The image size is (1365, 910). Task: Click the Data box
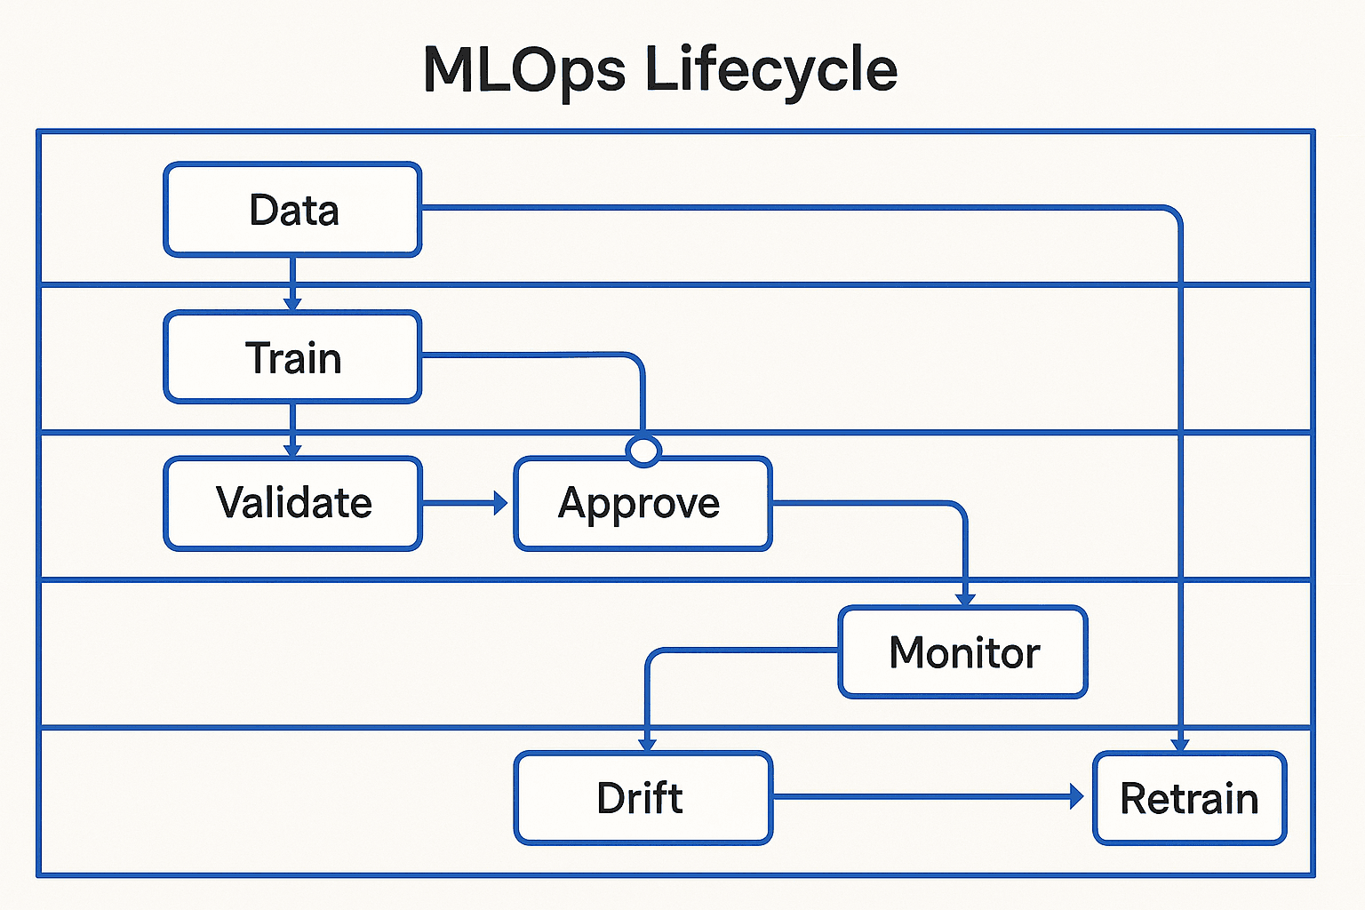292,210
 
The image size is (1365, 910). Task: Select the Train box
292,357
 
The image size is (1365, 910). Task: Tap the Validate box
292,503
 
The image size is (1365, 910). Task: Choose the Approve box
643,504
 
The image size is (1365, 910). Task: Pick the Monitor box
962,652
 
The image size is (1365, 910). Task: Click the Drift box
643,798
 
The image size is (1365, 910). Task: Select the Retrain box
1189,798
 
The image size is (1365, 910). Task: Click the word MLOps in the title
523,69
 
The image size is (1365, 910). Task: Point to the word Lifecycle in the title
770,69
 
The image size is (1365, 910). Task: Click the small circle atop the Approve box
643,451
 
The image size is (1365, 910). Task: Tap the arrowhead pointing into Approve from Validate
501,504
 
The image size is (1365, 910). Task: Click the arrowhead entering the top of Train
292,304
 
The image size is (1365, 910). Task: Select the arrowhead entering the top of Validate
292,451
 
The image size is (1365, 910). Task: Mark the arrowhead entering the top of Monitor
965,600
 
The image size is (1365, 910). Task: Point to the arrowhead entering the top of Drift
648,745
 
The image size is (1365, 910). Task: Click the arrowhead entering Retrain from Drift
1077,796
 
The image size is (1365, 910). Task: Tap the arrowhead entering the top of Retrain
1180,745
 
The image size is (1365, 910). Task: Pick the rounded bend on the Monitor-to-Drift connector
654,657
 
